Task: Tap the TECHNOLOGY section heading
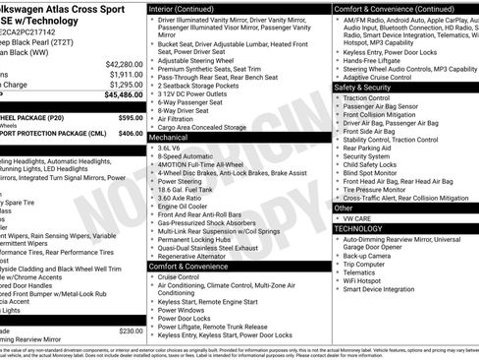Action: [x=358, y=228]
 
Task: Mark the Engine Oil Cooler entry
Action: [x=185, y=208]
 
